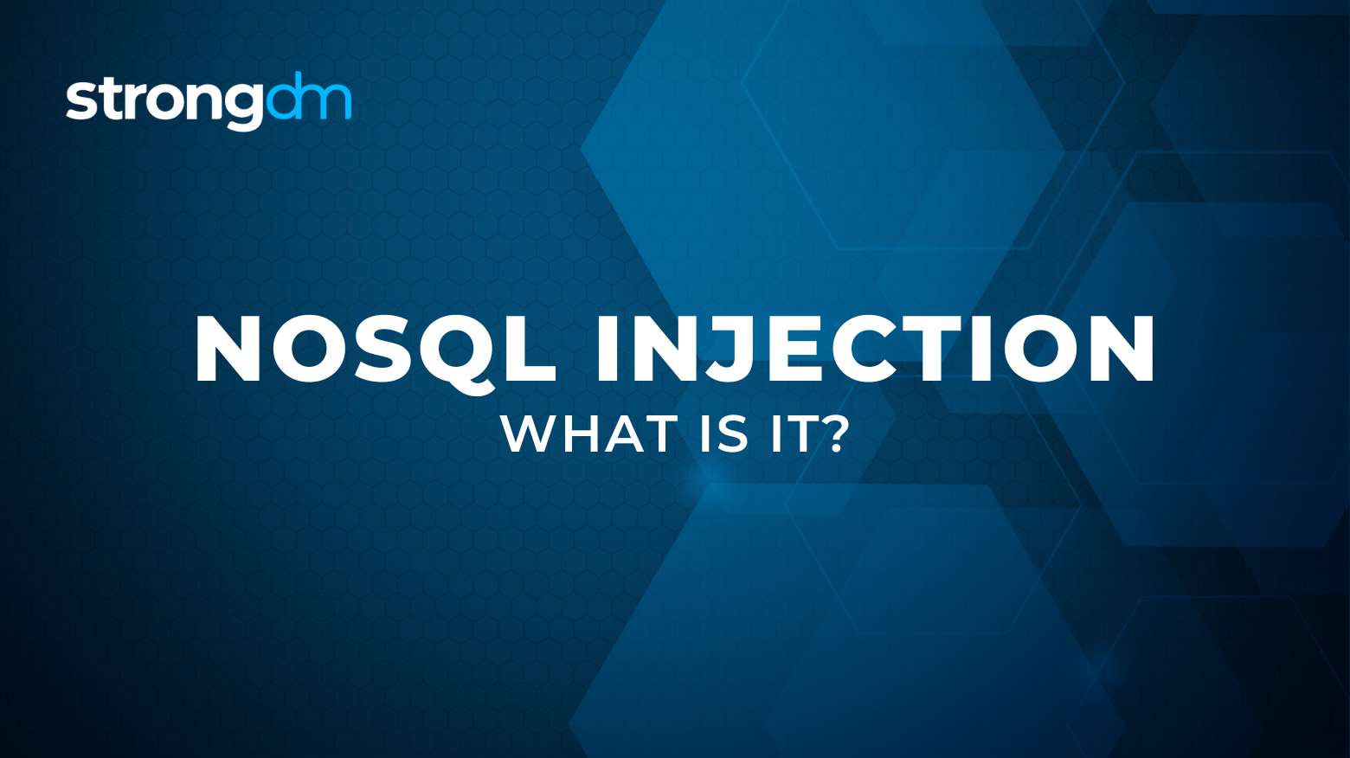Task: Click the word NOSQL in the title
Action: click(375, 350)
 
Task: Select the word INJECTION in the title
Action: click(875, 350)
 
